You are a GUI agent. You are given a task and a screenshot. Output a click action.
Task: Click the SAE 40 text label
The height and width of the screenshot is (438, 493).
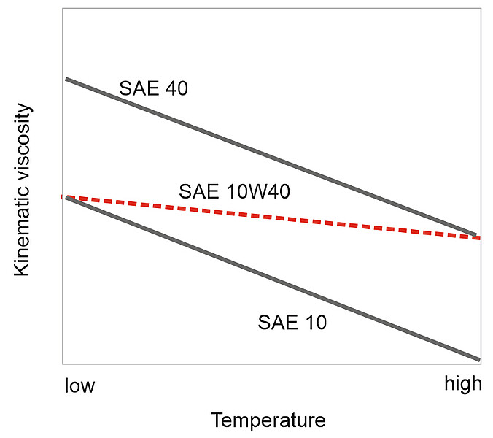click(x=153, y=89)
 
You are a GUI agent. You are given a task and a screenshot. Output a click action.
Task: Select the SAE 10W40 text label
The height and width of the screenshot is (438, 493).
click(x=235, y=192)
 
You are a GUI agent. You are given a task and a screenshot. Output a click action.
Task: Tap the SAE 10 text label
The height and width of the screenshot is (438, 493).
click(x=292, y=322)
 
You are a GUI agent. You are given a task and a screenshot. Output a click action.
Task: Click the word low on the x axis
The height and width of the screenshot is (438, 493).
click(x=79, y=385)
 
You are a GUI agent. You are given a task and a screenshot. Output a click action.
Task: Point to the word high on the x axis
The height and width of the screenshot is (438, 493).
click(x=463, y=384)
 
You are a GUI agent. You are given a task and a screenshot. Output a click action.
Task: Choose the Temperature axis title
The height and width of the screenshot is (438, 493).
click(x=268, y=421)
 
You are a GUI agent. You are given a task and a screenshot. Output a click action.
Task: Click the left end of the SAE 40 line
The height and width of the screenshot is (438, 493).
click(x=66, y=79)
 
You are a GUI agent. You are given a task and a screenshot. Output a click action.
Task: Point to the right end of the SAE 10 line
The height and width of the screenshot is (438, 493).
click(x=478, y=359)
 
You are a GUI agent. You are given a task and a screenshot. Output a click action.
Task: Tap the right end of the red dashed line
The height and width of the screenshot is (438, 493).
click(x=478, y=238)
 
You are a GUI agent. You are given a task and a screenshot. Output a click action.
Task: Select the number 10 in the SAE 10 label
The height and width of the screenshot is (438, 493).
click(x=314, y=322)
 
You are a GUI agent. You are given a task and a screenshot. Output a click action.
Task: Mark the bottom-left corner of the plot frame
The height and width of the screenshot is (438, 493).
click(x=63, y=364)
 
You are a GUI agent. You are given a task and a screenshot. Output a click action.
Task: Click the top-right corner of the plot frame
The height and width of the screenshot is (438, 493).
click(x=481, y=8)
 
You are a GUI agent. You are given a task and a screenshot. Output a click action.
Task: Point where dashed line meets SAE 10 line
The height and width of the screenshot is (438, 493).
click(x=67, y=197)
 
